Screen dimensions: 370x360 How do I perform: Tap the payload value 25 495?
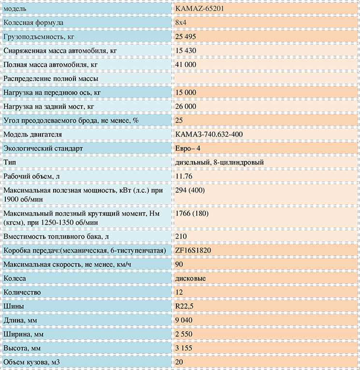(187, 37)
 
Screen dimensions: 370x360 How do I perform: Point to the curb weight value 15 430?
(187, 50)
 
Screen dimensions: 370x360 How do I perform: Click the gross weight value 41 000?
(187, 64)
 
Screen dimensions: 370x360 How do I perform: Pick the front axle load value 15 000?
(187, 92)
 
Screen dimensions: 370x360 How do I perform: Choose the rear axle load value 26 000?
(187, 106)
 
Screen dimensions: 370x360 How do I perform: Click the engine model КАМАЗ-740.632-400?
(209, 134)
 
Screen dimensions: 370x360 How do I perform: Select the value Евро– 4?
(188, 148)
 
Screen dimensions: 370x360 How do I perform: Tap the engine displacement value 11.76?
(184, 177)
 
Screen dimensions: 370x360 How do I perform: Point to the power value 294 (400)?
(190, 191)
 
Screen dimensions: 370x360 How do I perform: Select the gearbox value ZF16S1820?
(195, 251)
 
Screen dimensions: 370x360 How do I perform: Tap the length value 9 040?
(186, 320)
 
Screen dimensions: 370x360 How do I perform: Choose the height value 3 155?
(186, 348)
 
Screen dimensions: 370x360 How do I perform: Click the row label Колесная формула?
(33, 23)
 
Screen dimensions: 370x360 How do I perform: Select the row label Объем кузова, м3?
(33, 362)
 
